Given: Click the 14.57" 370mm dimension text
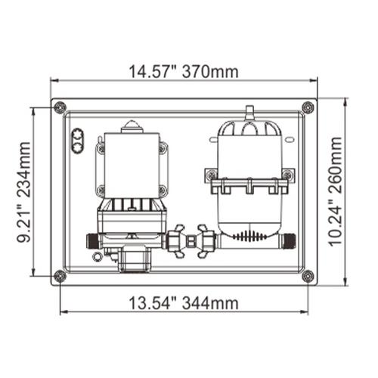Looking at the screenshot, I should (x=184, y=72).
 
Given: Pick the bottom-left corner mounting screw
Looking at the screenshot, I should (x=61, y=276).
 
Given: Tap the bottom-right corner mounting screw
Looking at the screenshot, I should (x=307, y=276).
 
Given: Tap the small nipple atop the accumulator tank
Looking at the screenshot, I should (x=247, y=113).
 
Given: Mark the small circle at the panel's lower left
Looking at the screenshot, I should (x=95, y=256).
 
